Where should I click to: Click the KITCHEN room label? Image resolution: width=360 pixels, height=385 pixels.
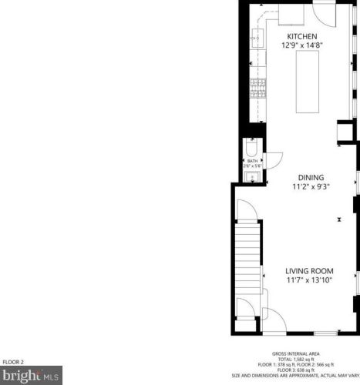click(302, 37)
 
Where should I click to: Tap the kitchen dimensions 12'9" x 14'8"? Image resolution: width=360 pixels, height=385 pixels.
click(302, 46)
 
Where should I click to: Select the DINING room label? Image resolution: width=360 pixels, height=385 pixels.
click(301, 176)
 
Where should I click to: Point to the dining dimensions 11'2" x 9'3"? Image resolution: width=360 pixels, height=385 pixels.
click(301, 186)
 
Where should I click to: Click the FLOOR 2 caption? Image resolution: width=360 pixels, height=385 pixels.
click(13, 362)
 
